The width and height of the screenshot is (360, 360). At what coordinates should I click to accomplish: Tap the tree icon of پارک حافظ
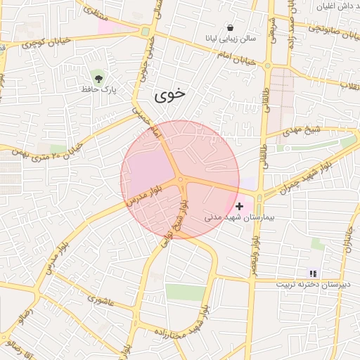(x=97, y=76)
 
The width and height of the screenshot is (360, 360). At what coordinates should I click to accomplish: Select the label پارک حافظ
(x=97, y=89)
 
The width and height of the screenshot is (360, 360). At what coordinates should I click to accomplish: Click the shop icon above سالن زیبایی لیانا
(x=230, y=28)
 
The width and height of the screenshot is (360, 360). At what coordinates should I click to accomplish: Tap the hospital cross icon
(x=240, y=206)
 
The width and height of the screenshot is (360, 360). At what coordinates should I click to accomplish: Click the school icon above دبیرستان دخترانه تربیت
(x=314, y=273)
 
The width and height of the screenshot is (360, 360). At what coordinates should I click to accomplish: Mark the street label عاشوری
(x=101, y=300)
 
